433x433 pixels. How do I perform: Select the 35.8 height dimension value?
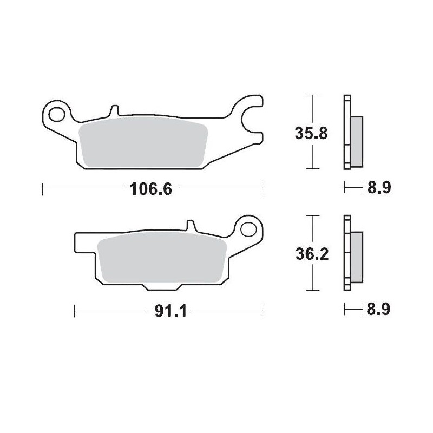coord(311,133)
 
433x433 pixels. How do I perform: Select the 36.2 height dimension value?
coord(311,253)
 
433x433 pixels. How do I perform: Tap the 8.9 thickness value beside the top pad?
coord(379,188)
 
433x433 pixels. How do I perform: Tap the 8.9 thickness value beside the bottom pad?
coord(379,310)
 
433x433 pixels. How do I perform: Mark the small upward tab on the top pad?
coord(114,110)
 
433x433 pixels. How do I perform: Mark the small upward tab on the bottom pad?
coord(190,226)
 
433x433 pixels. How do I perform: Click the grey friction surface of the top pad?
coord(143,142)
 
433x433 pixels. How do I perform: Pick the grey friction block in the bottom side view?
coord(357,257)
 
